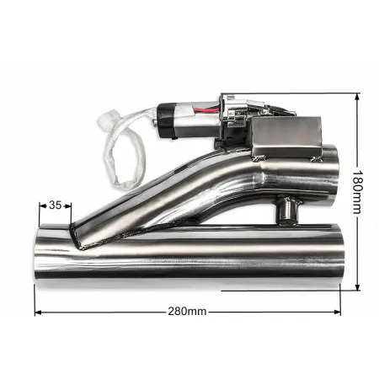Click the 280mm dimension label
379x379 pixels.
click(187, 312)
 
